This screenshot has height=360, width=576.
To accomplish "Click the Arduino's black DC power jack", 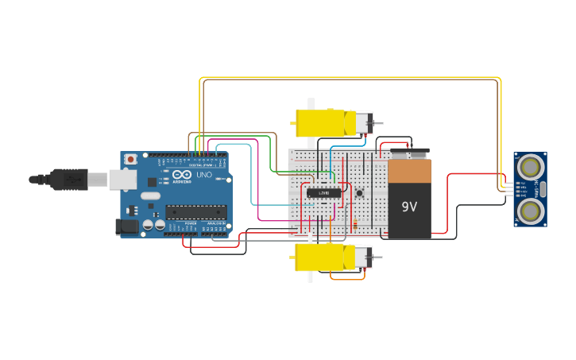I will [126, 226].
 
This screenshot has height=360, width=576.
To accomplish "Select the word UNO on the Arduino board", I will [203, 175].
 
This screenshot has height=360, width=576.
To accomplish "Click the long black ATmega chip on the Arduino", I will [195, 211].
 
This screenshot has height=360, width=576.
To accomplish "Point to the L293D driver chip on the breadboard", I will [324, 192].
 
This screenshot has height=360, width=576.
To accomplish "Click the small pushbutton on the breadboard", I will [359, 193].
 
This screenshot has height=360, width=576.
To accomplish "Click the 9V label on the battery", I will [409, 207].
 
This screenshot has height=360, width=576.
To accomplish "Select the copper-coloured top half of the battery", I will [409, 172].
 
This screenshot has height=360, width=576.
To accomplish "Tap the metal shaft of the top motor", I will [378, 123].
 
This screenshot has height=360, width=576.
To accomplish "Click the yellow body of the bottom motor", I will [321, 257].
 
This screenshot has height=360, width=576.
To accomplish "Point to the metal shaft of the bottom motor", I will [378, 257].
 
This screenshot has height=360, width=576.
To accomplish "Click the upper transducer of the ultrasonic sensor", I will [530, 167].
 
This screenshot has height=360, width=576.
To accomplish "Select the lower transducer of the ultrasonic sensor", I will [530, 210].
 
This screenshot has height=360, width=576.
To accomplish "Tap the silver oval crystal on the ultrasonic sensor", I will [543, 188].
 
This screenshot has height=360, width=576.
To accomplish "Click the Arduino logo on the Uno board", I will [181, 175].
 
